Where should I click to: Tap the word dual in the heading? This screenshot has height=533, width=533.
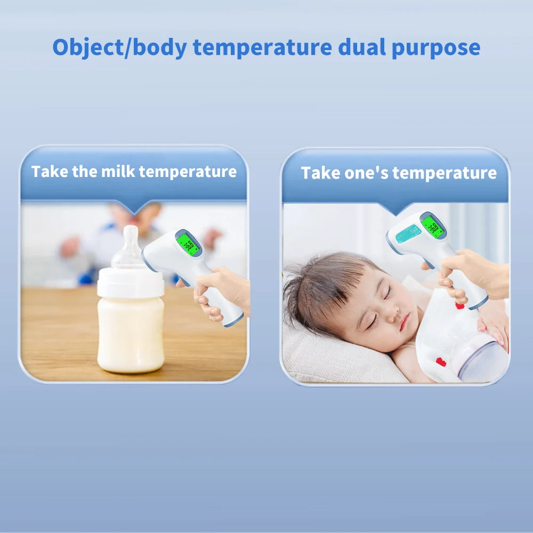point(362,47)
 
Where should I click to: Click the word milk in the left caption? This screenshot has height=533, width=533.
point(118,171)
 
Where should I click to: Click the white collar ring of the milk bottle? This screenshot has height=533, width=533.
point(131,282)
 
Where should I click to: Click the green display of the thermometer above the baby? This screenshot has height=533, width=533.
point(432,227)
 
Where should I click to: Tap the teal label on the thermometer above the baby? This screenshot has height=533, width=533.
point(408,233)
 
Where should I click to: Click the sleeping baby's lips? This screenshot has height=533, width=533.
point(404,322)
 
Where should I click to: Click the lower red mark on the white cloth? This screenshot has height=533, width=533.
point(441,362)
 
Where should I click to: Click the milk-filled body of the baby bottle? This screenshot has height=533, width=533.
point(131,335)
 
